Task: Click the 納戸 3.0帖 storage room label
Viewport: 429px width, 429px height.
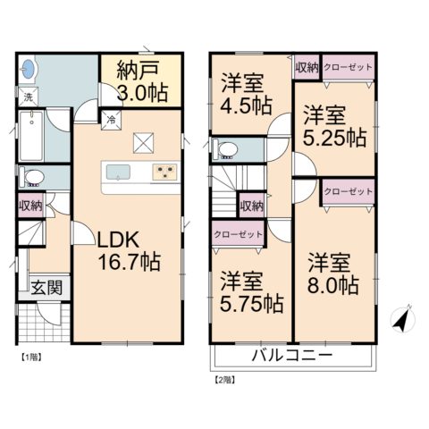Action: [x=142, y=81]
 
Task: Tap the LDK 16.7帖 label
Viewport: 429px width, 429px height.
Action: [x=129, y=250]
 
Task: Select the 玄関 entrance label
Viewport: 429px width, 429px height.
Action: [x=46, y=288]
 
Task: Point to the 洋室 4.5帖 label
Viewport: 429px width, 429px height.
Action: [x=246, y=94]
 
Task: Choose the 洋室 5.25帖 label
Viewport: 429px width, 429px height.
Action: [x=334, y=126]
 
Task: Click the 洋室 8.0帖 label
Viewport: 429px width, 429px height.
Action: [x=332, y=273]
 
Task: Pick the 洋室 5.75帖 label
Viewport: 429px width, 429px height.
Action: [x=251, y=292]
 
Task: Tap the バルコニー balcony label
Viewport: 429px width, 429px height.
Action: [x=292, y=355]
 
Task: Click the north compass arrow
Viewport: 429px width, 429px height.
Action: [x=402, y=319]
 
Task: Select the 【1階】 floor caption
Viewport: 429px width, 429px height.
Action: [x=31, y=357]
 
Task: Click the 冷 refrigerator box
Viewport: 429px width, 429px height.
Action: [x=111, y=121]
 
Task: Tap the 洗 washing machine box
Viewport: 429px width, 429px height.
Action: [x=29, y=97]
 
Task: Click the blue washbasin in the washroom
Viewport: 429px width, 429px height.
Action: [x=29, y=69]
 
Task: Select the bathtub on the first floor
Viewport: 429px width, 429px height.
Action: [x=31, y=136]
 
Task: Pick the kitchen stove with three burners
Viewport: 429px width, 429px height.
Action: [x=164, y=172]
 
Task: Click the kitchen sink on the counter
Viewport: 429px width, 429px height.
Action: [x=118, y=172]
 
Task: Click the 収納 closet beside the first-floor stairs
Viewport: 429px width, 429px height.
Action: [x=31, y=206]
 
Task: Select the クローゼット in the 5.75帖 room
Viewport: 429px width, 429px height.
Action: [x=239, y=234]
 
